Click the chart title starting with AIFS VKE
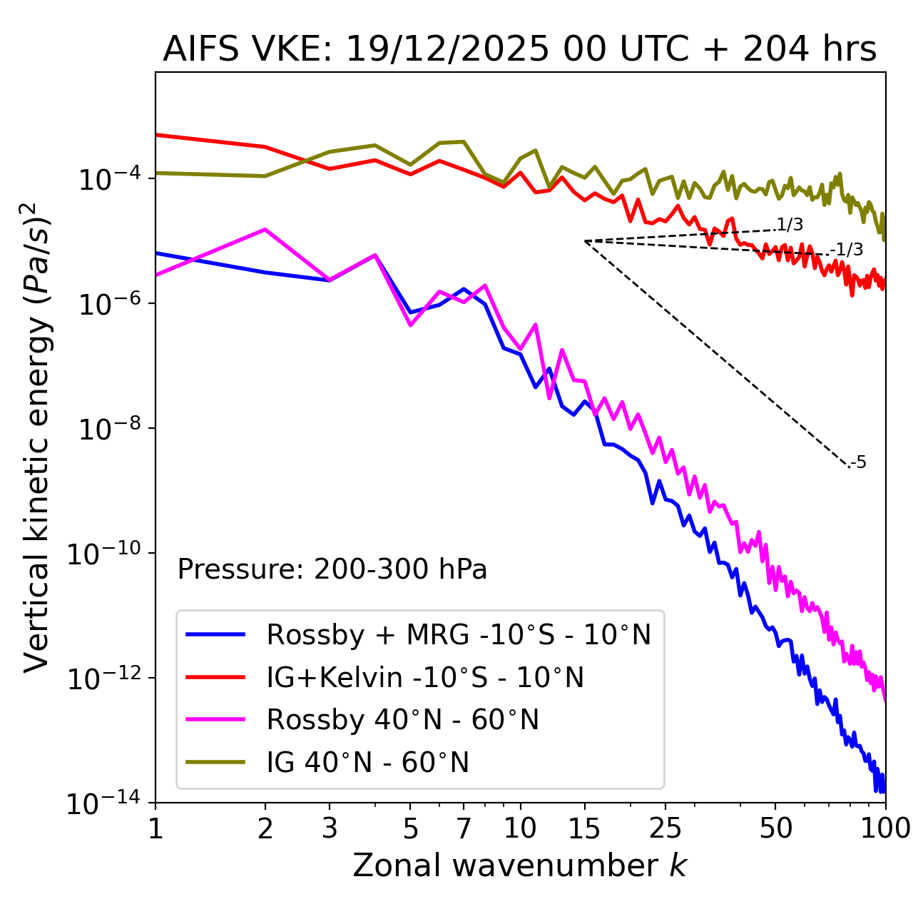pyautogui.click(x=519, y=49)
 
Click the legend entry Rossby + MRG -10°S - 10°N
pyautogui.click(x=459, y=634)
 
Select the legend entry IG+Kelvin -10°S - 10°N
pyautogui.click(x=425, y=677)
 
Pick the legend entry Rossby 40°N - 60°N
pyautogui.click(x=402, y=720)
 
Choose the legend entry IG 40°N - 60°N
pyautogui.click(x=367, y=763)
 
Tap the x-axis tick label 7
pyautogui.click(x=464, y=828)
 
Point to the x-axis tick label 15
pyautogui.click(x=584, y=828)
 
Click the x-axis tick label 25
pyautogui.click(x=665, y=828)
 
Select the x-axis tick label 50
pyautogui.click(x=775, y=828)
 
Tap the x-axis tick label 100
pyautogui.click(x=885, y=828)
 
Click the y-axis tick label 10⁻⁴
pyautogui.click(x=108, y=180)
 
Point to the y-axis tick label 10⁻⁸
pyautogui.click(x=108, y=430)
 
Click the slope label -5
pyautogui.click(x=859, y=463)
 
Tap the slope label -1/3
pyautogui.click(x=847, y=250)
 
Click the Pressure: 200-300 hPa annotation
pyautogui.click(x=332, y=569)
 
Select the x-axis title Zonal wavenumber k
pyautogui.click(x=519, y=865)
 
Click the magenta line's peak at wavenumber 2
pyautogui.click(x=265, y=229)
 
